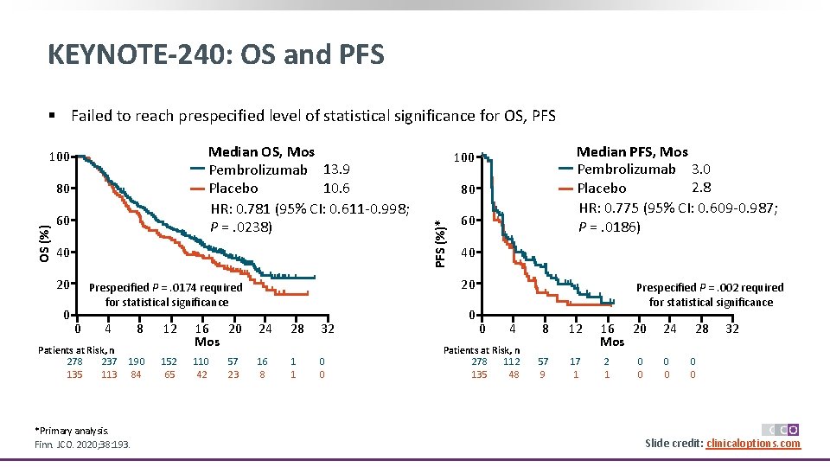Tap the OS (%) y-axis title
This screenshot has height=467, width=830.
[x=45, y=236]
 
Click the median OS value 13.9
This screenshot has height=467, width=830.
[x=336, y=170]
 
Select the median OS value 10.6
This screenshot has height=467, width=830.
[x=336, y=188]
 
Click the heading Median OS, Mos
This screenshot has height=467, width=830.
[x=262, y=152]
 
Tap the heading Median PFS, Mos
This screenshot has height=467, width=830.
[x=632, y=152]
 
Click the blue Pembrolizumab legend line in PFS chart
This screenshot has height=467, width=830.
[x=566, y=169]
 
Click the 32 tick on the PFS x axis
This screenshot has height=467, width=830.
[x=732, y=329]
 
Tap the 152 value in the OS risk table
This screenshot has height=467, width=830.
[x=169, y=361]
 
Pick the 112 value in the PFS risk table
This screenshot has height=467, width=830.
[x=514, y=361]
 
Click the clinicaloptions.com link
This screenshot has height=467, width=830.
[x=753, y=444]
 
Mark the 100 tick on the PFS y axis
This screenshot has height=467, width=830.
[x=464, y=157]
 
